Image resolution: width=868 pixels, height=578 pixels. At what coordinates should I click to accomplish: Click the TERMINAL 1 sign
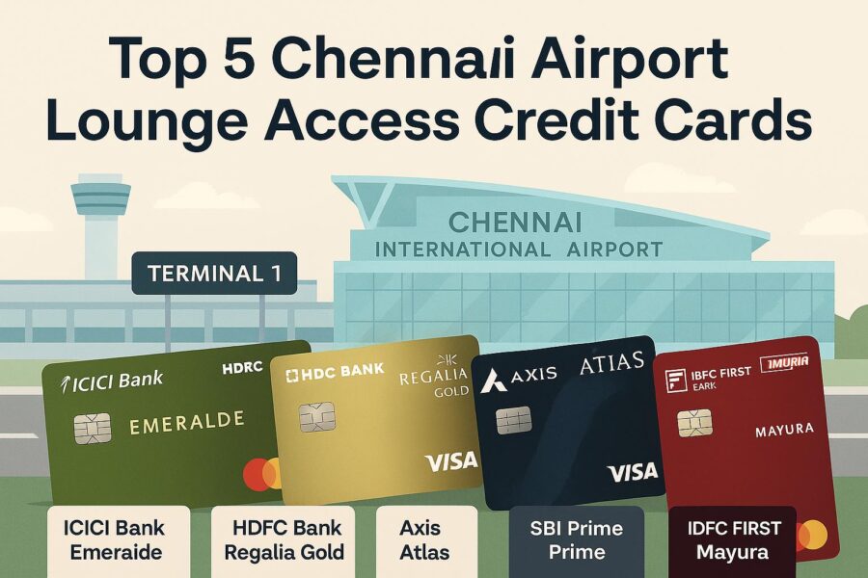click(x=214, y=274)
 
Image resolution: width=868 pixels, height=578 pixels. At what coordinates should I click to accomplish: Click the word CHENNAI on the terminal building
click(x=515, y=223)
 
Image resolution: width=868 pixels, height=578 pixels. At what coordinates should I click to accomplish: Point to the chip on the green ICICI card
click(x=93, y=430)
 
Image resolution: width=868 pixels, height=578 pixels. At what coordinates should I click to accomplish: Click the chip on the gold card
click(x=317, y=416)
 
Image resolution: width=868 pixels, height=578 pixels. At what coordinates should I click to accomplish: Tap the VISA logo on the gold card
click(x=450, y=461)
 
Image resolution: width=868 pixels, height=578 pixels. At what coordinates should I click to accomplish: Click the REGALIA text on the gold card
click(x=433, y=378)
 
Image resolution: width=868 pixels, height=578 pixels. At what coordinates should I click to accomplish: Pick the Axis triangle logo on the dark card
click(x=493, y=381)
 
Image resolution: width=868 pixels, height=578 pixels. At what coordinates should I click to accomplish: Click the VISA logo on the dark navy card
click(x=633, y=472)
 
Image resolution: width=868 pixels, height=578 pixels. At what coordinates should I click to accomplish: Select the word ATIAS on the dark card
click(x=611, y=363)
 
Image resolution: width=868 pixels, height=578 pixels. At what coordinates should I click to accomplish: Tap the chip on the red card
click(x=694, y=424)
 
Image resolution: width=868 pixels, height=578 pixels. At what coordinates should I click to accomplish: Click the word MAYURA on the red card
click(x=784, y=430)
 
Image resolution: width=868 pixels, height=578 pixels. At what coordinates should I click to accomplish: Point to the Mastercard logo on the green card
click(x=261, y=474)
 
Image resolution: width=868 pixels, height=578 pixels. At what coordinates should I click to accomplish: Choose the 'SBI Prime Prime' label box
click(x=577, y=541)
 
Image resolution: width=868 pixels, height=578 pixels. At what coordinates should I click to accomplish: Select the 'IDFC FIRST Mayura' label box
click(x=732, y=541)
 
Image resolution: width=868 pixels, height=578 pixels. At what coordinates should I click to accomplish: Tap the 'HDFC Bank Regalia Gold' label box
click(x=283, y=541)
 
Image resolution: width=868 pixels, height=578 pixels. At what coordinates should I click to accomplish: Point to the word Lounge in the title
click(x=147, y=120)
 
